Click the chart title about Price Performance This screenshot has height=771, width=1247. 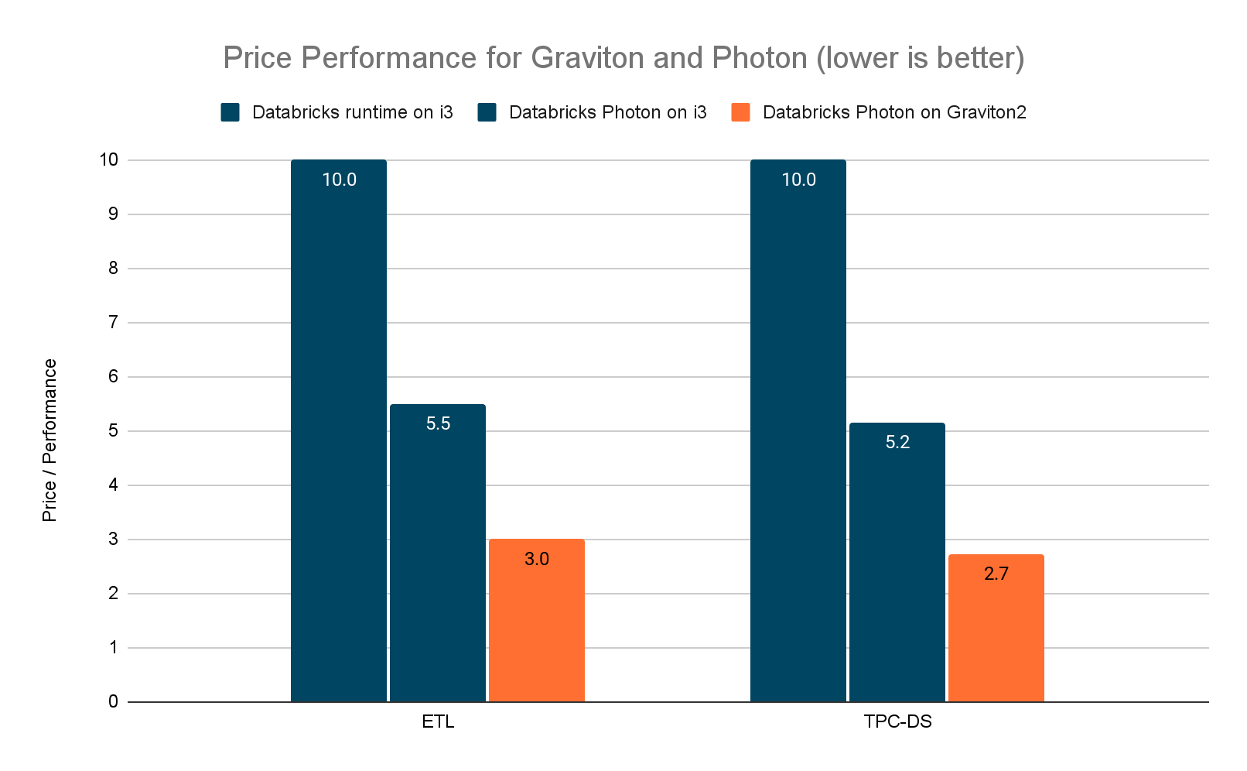coord(623,58)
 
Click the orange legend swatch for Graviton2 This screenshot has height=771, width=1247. coord(740,112)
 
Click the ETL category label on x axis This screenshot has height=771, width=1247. coord(438,722)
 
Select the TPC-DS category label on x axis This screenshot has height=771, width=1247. coord(897,722)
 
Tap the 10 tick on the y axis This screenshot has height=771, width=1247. coord(108,160)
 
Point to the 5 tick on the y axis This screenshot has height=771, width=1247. coord(113,431)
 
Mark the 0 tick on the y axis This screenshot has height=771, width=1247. coord(113,702)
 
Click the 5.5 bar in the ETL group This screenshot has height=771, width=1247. coord(438,557)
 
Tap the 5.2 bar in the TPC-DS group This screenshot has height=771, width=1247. coord(897,565)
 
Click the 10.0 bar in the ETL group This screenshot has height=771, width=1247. coord(339,433)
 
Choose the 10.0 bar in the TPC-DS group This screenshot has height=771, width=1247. coord(798,433)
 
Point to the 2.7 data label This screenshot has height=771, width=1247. coord(996,574)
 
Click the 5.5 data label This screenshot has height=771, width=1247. coord(438,423)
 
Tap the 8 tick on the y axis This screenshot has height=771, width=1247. coord(113,269)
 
